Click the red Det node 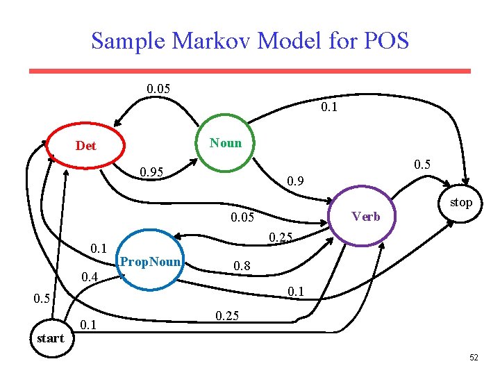tap(86, 146)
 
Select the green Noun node tap(226, 143)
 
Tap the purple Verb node tap(365, 216)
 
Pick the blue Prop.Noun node tap(151, 262)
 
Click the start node tap(50, 339)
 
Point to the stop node tap(460, 203)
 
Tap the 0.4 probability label tap(89, 278)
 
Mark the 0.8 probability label tap(242, 266)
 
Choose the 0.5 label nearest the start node tap(42, 299)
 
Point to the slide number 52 tap(474, 358)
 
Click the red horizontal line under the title tap(250, 71)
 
